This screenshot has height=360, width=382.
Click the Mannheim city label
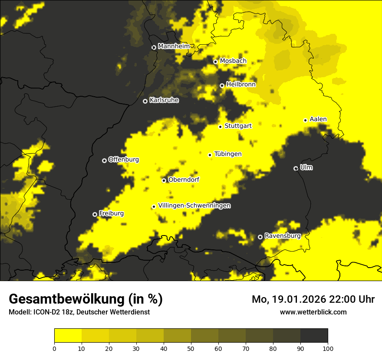175,46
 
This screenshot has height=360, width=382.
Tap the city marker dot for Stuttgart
220,127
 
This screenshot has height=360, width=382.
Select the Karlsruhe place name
164,100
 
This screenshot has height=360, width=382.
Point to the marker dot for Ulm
296,168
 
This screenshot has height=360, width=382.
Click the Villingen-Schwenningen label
194,206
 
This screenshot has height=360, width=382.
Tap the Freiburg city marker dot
95,214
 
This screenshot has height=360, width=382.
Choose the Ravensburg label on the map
282,236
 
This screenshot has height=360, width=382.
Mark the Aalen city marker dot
305,120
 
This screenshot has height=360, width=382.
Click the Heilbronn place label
241,85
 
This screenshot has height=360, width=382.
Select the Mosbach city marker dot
215,62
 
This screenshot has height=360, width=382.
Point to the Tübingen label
228,154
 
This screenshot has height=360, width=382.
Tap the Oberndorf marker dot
164,180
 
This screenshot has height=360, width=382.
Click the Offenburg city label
123,160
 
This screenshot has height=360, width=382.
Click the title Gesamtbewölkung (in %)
86,299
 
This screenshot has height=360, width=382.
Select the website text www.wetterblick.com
313,312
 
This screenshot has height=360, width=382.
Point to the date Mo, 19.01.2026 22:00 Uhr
313,299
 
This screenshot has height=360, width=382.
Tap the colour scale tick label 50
191,348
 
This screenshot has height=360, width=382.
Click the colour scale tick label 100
327,348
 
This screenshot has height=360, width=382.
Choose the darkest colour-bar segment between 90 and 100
314,335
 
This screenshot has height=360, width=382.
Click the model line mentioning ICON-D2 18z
79,312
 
